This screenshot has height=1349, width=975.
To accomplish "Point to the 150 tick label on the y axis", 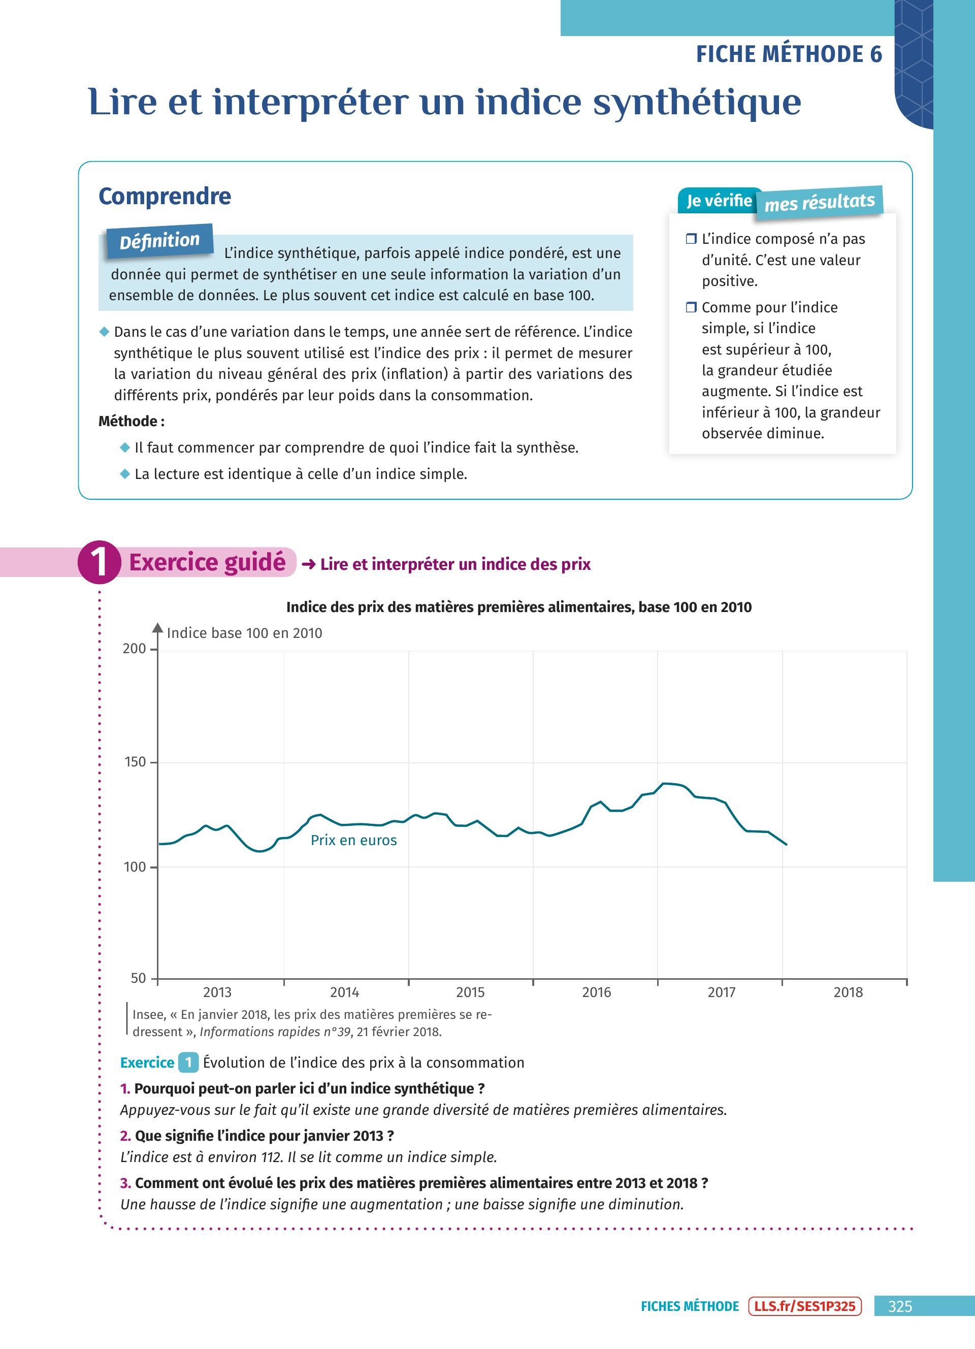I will tap(135, 762).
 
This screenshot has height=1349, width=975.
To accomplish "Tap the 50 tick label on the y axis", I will tap(138, 978).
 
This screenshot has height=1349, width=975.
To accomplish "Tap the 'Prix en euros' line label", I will tap(354, 840).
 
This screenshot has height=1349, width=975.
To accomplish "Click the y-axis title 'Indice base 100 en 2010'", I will tap(244, 633).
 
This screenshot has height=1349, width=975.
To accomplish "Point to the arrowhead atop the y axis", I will tap(157, 627).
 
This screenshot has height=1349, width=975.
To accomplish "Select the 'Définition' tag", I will tap(159, 241).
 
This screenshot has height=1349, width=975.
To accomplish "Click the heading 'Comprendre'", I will tap(165, 196).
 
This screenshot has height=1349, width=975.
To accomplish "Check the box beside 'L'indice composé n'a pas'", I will tap(691, 239).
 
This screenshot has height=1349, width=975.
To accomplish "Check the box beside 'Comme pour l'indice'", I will tap(691, 307).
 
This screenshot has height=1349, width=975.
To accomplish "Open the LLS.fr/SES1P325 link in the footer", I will tap(805, 1306).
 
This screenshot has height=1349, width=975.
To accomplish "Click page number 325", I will tap(899, 1306).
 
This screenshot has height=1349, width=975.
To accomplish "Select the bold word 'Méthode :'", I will tap(132, 421).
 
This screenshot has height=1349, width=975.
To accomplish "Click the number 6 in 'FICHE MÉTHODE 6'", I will tap(875, 54).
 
